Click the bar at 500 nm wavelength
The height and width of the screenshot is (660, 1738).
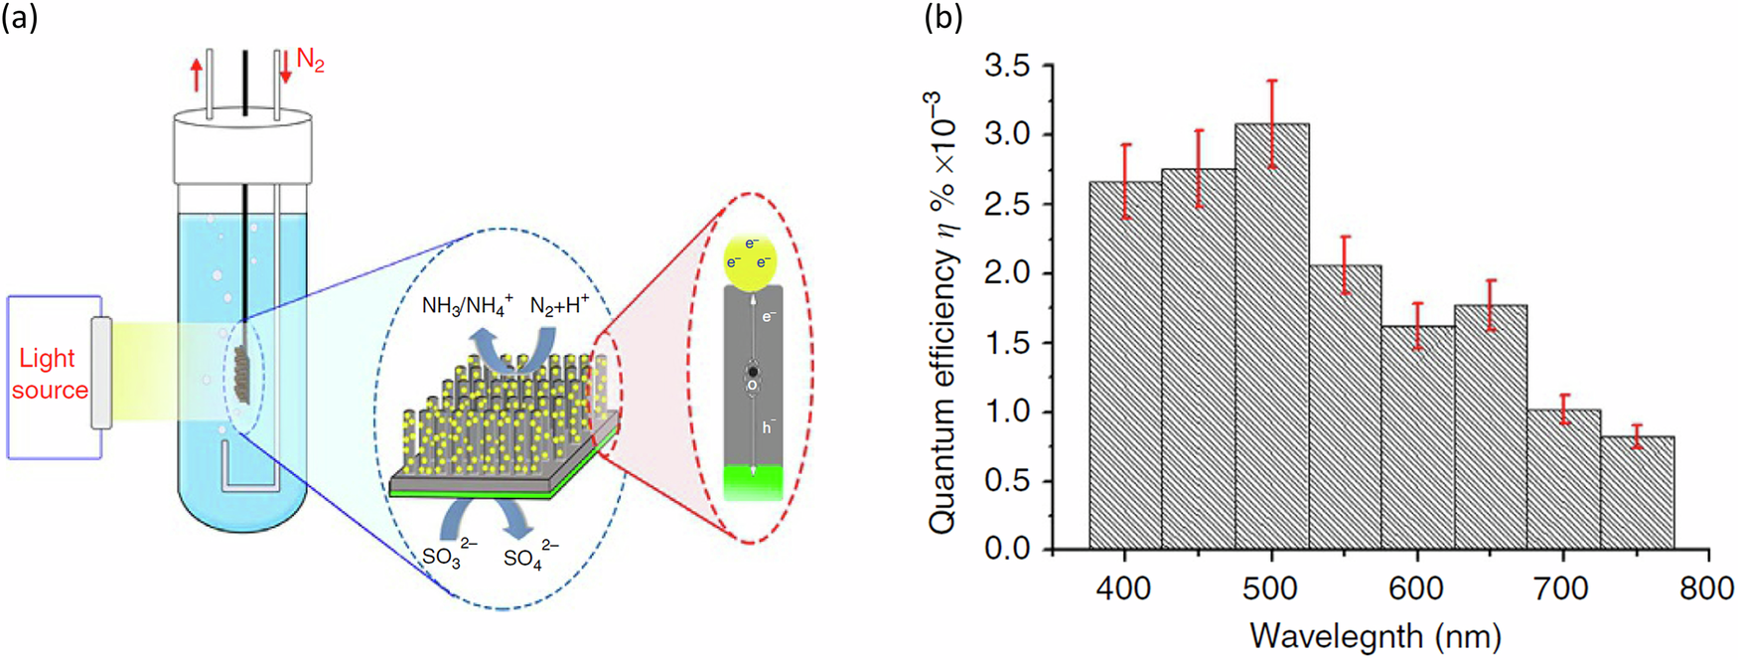point(1271,338)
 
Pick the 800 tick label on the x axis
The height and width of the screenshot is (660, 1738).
point(1706,589)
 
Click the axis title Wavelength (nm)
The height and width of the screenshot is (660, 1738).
point(1376,635)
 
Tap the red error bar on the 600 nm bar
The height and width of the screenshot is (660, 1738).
point(1418,325)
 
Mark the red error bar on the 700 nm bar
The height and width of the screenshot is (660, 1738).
point(1564,409)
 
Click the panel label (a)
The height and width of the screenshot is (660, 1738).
point(19,18)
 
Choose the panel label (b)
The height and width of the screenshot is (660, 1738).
point(942,18)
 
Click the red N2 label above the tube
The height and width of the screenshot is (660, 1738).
point(310,63)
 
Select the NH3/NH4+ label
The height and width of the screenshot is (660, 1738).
point(466,306)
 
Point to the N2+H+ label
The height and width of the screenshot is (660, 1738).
point(559,305)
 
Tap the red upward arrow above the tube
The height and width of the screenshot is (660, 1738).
point(197,74)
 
